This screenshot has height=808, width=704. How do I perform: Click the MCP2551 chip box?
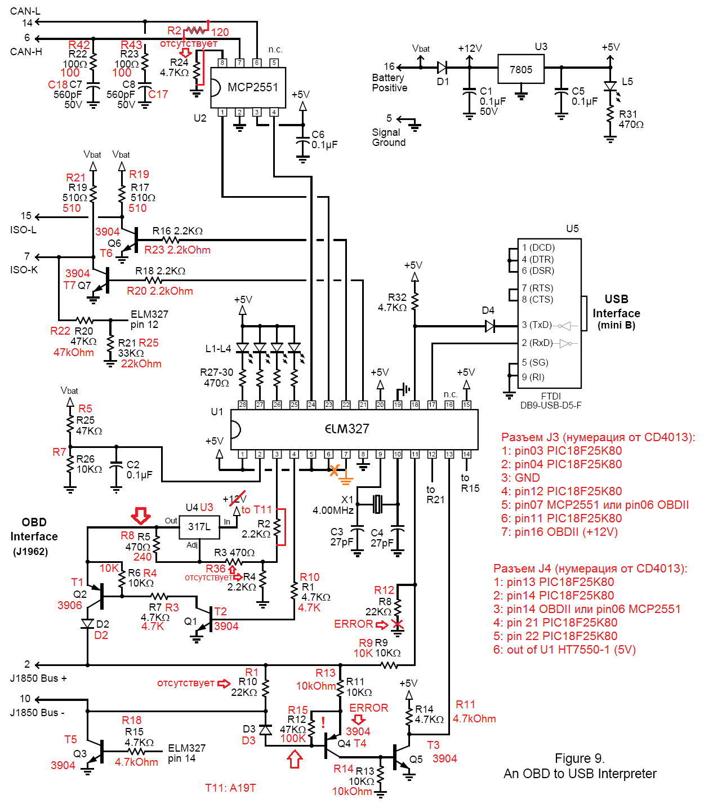[x=248, y=87]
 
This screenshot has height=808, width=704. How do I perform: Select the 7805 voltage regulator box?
[x=520, y=70]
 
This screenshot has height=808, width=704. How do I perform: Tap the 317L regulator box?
[x=199, y=527]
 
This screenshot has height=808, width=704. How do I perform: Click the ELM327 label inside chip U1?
[x=347, y=429]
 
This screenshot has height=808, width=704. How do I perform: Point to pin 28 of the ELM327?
[x=242, y=405]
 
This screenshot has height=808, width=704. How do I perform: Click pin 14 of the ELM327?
[x=466, y=454]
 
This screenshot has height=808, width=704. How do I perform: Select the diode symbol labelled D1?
[x=442, y=68]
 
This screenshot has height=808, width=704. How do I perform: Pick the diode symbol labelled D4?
[x=490, y=326]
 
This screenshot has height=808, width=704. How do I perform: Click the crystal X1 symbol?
[x=377, y=504]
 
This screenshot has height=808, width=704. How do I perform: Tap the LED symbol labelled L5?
[x=610, y=86]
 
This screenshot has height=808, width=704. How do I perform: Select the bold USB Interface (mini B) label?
[x=616, y=312]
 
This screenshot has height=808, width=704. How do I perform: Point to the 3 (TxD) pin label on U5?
[x=537, y=325]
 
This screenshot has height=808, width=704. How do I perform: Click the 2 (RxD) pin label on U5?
[x=537, y=343]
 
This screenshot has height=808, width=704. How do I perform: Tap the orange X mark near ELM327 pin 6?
[x=335, y=470]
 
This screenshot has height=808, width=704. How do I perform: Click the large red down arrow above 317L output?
[x=140, y=515]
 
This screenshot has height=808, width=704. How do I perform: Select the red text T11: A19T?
[x=230, y=788]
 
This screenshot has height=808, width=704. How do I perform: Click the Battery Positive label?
[x=389, y=83]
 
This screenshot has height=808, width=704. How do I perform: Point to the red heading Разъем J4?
[x=590, y=569]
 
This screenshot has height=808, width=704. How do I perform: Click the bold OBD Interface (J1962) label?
[x=34, y=536]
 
